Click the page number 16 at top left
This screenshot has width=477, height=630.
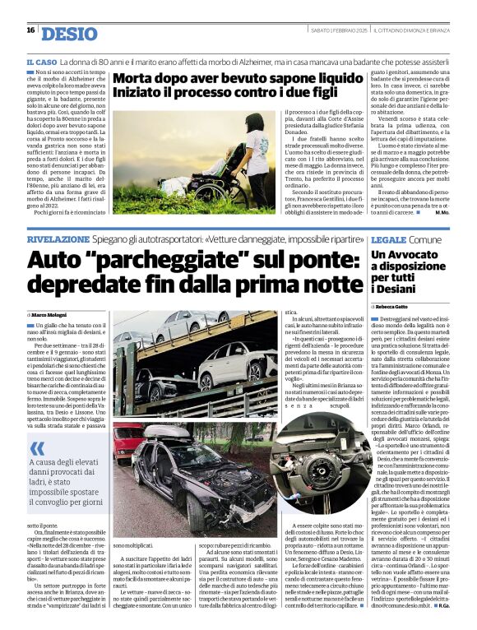click(30, 30)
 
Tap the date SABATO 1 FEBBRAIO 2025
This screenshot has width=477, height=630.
click(339, 30)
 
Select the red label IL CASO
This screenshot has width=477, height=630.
click(41, 63)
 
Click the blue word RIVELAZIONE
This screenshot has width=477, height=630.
click(65, 239)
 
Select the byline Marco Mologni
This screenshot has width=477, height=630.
click(51, 313)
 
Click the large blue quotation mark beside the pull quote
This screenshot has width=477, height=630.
click(37, 450)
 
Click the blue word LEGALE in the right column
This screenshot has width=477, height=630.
click(388, 239)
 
